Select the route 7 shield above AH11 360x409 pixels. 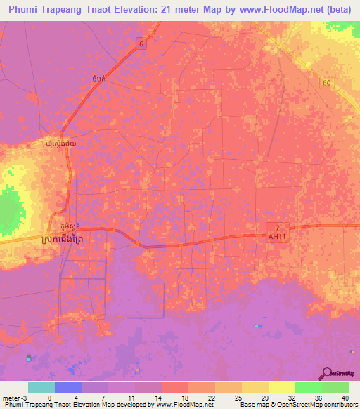pyautogui.click(x=278, y=228)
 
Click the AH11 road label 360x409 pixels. pyautogui.click(x=278, y=237)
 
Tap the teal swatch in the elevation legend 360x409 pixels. pyautogui.click(x=41, y=387)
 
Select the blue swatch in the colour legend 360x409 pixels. pyautogui.click(x=67, y=387)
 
